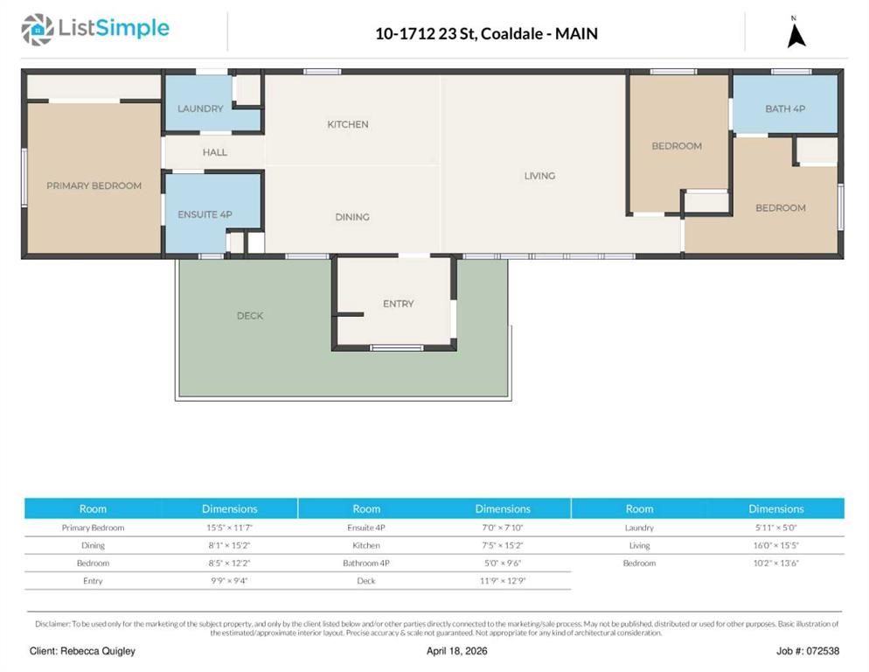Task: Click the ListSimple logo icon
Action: [x=37, y=30]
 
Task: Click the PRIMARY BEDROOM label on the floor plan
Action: [x=94, y=185]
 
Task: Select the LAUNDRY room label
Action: [x=200, y=108]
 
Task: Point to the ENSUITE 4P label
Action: [x=205, y=214]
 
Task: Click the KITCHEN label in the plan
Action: [x=348, y=124]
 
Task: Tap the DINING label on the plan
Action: [x=352, y=217]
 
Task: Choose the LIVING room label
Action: [x=539, y=176]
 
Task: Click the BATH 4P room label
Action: [x=785, y=108]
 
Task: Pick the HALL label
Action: [x=214, y=152]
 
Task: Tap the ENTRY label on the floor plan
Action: [x=399, y=304]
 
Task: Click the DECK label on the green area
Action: [x=250, y=316]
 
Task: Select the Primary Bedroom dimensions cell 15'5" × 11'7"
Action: [x=229, y=528]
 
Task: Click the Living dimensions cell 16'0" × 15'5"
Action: [x=776, y=545]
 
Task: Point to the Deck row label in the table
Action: [x=366, y=581]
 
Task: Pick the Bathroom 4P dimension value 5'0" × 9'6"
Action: [x=503, y=563]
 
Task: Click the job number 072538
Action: [x=824, y=651]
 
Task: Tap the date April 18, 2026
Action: [x=456, y=651]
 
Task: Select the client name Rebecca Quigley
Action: [x=98, y=651]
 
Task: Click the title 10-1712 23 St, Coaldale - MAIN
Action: [x=487, y=34]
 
